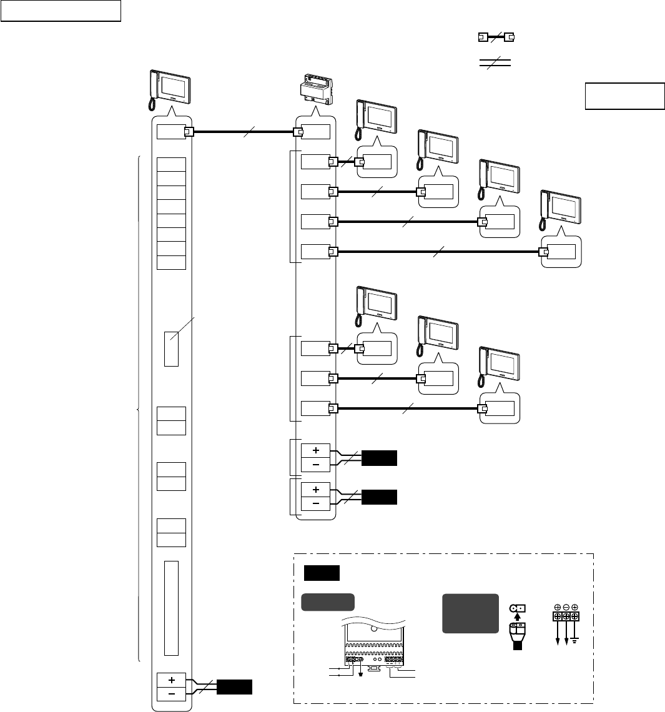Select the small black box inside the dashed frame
pos(322,573)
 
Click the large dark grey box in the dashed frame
pos(470,613)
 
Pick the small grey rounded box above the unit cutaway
pos(328,601)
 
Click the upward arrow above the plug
pos(518,618)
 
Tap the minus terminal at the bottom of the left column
pos(172,695)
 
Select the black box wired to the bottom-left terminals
pos(235,688)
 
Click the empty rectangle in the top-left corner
pos(60,11)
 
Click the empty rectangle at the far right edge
pos(624,96)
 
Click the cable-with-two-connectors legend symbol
pos(495,37)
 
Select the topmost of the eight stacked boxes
pos(172,164)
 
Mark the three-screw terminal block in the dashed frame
pos(565,616)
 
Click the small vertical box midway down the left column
pos(172,349)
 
